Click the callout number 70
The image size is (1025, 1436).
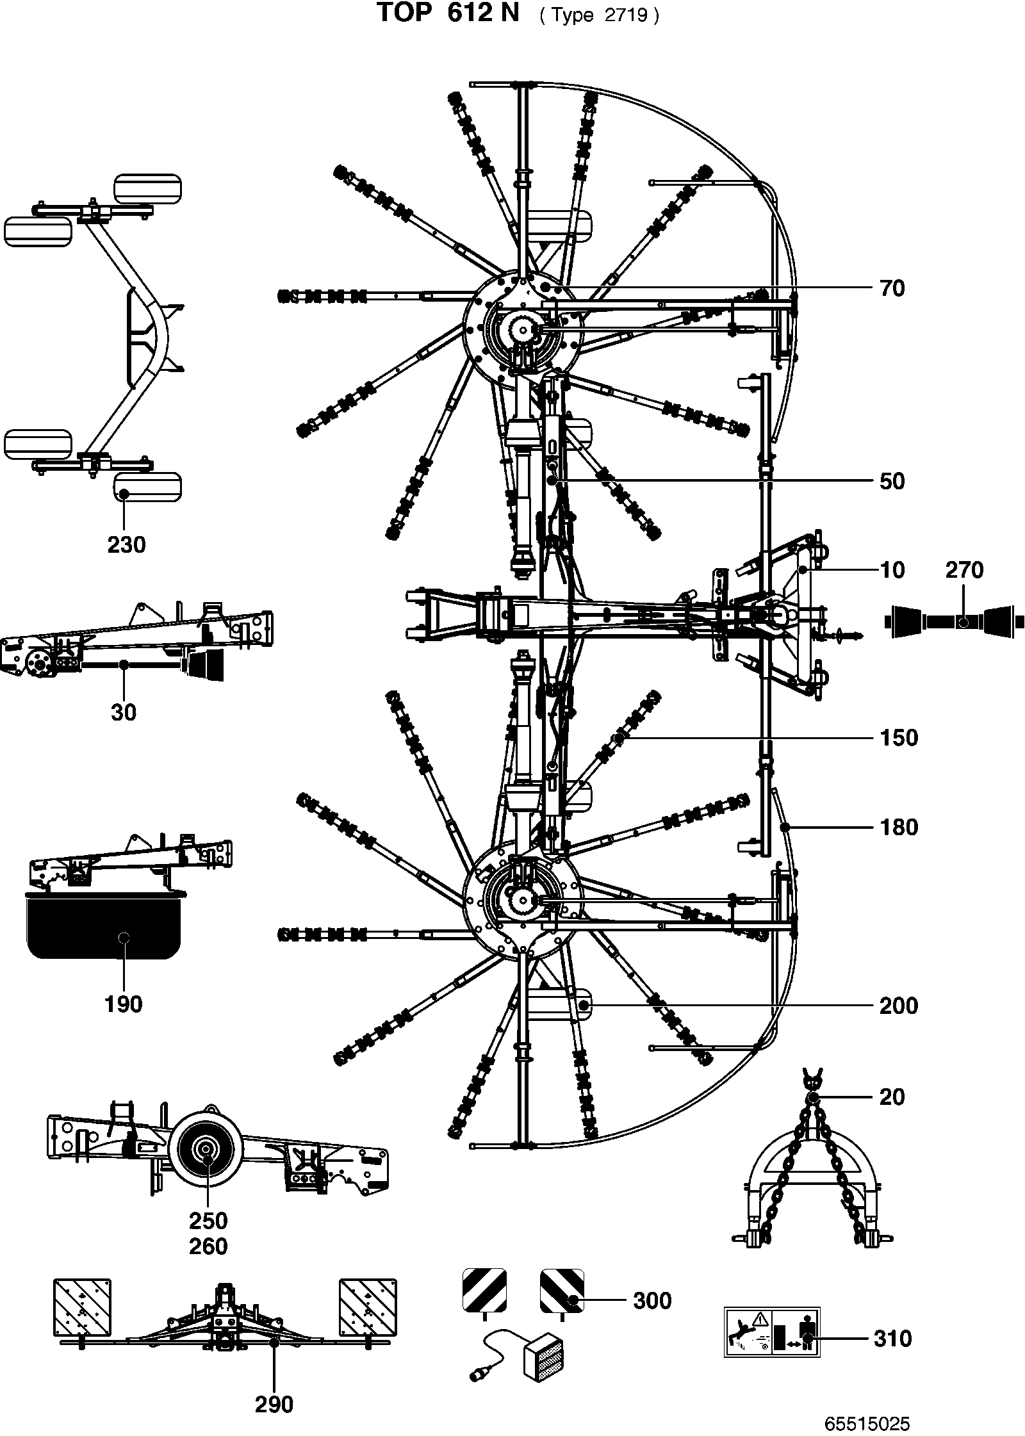click(892, 288)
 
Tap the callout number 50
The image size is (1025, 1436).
click(892, 481)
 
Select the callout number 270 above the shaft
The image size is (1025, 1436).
click(964, 570)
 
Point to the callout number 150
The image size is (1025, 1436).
click(899, 737)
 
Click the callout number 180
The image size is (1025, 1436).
click(899, 827)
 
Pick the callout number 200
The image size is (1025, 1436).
click(899, 1006)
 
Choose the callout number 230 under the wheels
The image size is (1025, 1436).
click(126, 545)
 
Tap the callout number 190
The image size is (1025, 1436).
click(124, 1004)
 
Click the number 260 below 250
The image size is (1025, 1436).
click(208, 1246)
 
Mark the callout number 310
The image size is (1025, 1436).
click(892, 1339)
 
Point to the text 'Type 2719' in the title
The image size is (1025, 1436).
click(599, 16)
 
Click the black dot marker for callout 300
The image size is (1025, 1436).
click(573, 1300)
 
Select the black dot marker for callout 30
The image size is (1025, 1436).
click(124, 666)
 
